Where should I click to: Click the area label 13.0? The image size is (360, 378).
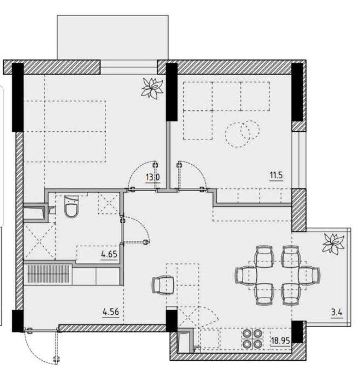153,177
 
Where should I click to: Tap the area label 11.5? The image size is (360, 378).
276,175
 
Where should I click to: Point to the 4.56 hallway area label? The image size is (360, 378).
111,312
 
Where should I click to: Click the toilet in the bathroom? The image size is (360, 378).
72,207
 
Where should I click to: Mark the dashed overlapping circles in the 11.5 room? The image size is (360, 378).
242,134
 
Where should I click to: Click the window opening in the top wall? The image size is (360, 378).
129,67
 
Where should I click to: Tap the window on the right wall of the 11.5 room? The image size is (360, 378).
299,160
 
